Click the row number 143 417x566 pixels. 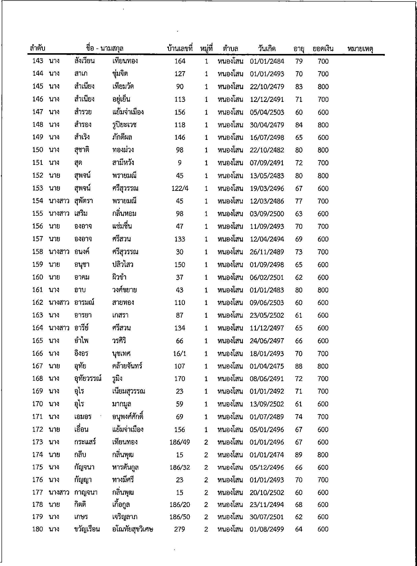pyautogui.click(x=38, y=61)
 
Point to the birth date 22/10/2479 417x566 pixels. pyautogui.click(x=267, y=87)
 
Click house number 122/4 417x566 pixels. pyautogui.click(x=180, y=189)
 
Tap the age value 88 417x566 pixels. pyautogui.click(x=299, y=366)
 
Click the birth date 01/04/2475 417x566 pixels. pyautogui.click(x=267, y=366)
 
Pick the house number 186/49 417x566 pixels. pyautogui.click(x=180, y=442)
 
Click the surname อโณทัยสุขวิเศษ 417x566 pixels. pyautogui.click(x=133, y=529)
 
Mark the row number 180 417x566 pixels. pyautogui.click(x=38, y=529)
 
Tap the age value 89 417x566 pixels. pyautogui.click(x=299, y=455)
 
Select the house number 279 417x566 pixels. pyautogui.click(x=179, y=529)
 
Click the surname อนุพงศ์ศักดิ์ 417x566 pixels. pyautogui.click(x=128, y=417)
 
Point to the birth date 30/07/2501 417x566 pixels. pyautogui.click(x=267, y=517)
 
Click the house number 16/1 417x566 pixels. pyautogui.click(x=180, y=353)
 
